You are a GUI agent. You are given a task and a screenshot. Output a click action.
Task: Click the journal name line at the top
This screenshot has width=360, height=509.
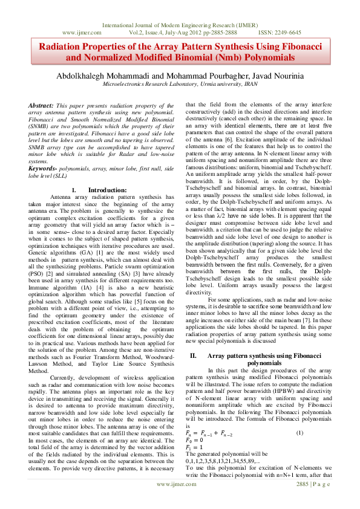(180, 25)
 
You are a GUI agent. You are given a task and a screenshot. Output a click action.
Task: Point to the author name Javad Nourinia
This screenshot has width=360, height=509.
(263, 76)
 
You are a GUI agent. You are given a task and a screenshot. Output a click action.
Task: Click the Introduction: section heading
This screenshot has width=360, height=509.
(107, 190)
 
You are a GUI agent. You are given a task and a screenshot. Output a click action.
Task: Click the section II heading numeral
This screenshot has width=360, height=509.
(194, 357)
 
